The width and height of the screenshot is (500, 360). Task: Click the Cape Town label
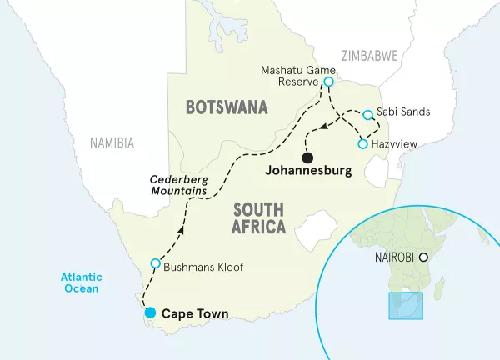(194, 314)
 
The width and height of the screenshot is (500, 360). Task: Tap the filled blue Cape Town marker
(150, 313)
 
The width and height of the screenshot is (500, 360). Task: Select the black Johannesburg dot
(307, 157)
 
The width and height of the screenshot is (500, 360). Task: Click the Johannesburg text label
(306, 173)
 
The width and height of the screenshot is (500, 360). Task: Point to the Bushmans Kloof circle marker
(155, 264)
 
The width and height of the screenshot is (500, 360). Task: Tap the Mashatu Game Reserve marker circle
(329, 82)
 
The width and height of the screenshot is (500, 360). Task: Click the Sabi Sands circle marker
(367, 113)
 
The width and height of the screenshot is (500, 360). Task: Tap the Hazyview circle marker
(362, 144)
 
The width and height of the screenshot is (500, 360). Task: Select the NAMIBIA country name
(112, 143)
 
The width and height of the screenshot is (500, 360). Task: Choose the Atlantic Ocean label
(78, 282)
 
